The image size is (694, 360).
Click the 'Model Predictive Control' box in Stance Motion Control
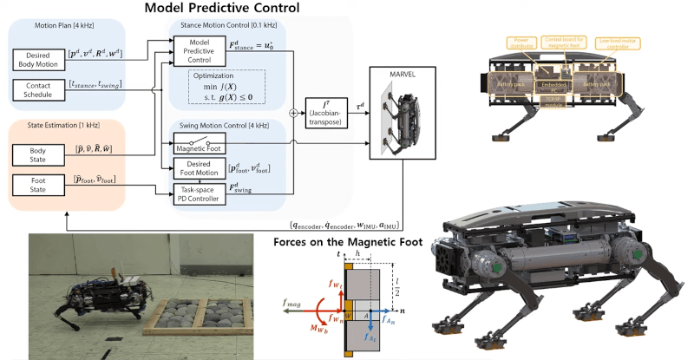coord(199,51)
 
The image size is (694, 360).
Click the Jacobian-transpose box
coord(326,113)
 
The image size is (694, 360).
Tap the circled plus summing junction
coord(291,113)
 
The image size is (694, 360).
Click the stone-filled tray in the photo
coord(198,304)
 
